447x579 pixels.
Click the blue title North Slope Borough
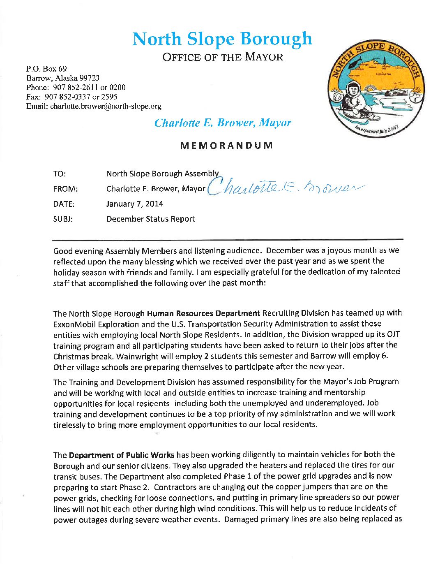pyautogui.click(x=222, y=39)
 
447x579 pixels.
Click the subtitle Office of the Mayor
pyautogui.click(x=223, y=57)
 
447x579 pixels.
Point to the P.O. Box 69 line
pyautogui.click(x=46, y=69)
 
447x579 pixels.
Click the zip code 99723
pyautogui.click(x=90, y=78)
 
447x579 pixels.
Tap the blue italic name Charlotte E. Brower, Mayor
pyautogui.click(x=223, y=123)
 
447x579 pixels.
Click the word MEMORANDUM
pyautogui.click(x=226, y=146)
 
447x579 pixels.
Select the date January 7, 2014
pyautogui.click(x=134, y=204)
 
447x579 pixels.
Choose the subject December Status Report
pyautogui.click(x=150, y=219)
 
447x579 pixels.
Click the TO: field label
pyautogui.click(x=60, y=174)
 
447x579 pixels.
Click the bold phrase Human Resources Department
pyautogui.click(x=203, y=313)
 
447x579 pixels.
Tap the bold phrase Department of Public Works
pyautogui.click(x=122, y=455)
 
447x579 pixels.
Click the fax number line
pyautogui.click(x=72, y=97)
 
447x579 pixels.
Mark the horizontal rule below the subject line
pyautogui.click(x=228, y=239)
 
